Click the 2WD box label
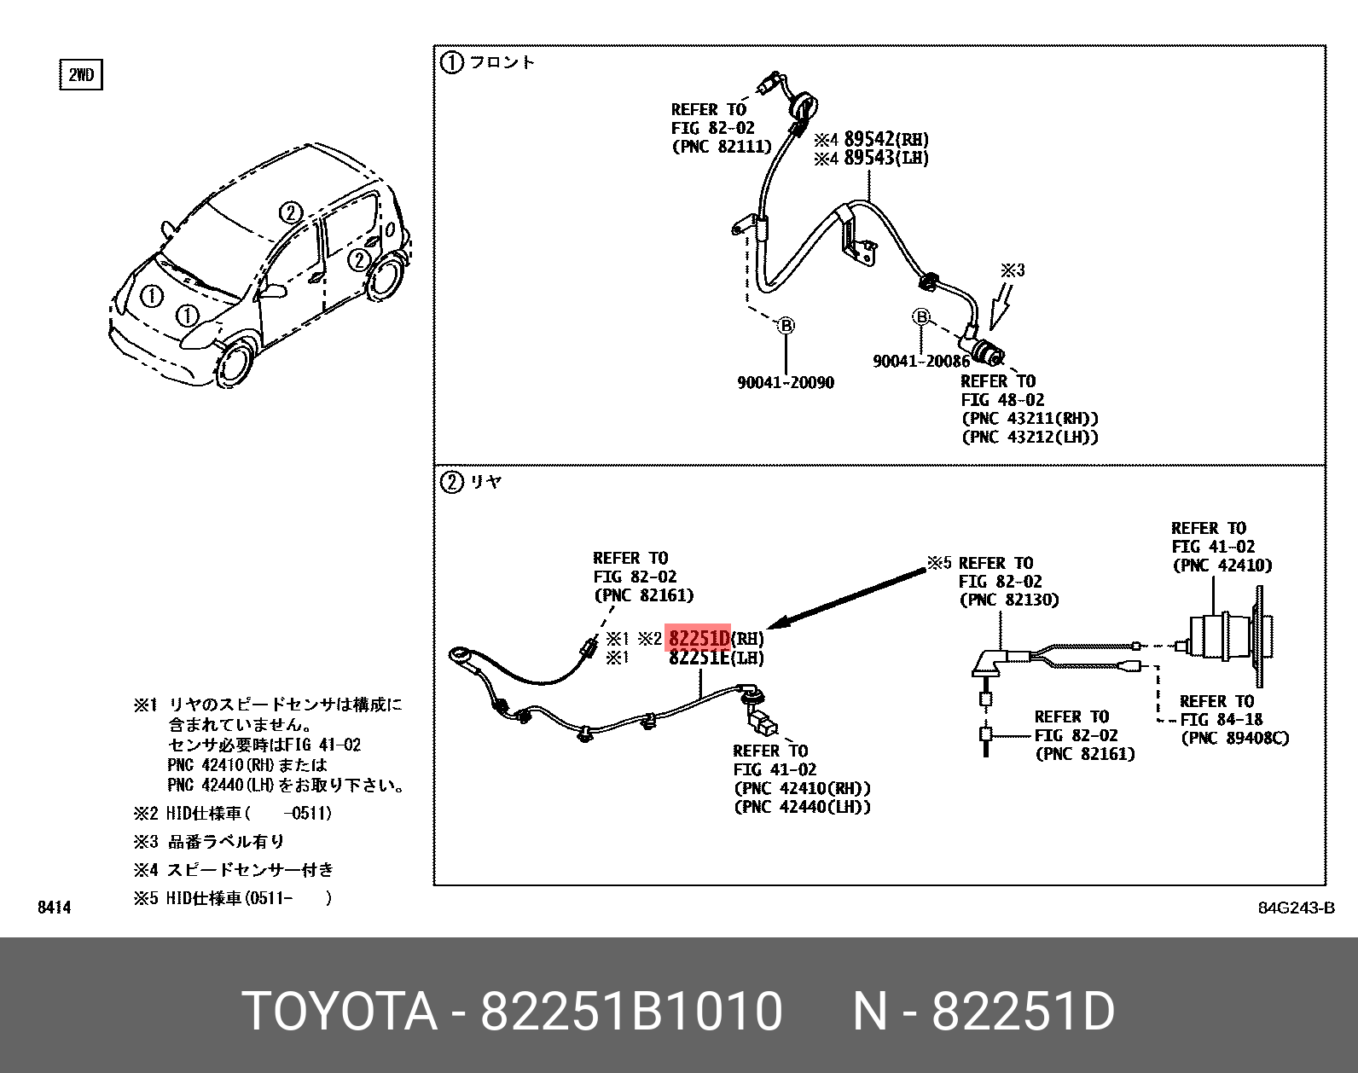tap(81, 75)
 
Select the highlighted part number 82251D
tap(699, 638)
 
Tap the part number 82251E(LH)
tap(716, 658)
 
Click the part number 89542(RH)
tap(885, 139)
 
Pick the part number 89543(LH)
tap(885, 158)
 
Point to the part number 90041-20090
tap(785, 383)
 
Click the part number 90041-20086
tap(920, 362)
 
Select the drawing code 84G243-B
tap(1296, 908)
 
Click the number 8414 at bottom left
tap(55, 908)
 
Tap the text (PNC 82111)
tap(722, 147)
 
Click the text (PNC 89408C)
tap(1234, 739)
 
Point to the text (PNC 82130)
tap(1009, 600)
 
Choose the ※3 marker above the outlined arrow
tap(1013, 270)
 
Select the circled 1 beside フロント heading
tap(451, 62)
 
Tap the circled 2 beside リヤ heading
tap(451, 482)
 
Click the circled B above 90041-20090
tap(786, 326)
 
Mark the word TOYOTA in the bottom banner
tap(339, 1012)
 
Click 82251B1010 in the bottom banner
tap(631, 1012)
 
